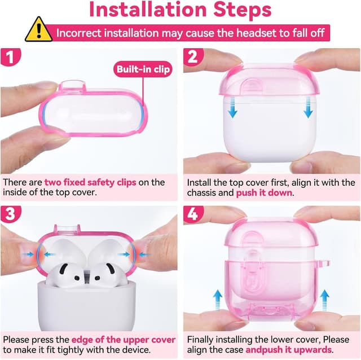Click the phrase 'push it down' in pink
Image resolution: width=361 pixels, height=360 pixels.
(x=265, y=193)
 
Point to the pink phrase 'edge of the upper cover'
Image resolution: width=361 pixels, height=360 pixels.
(x=124, y=340)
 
